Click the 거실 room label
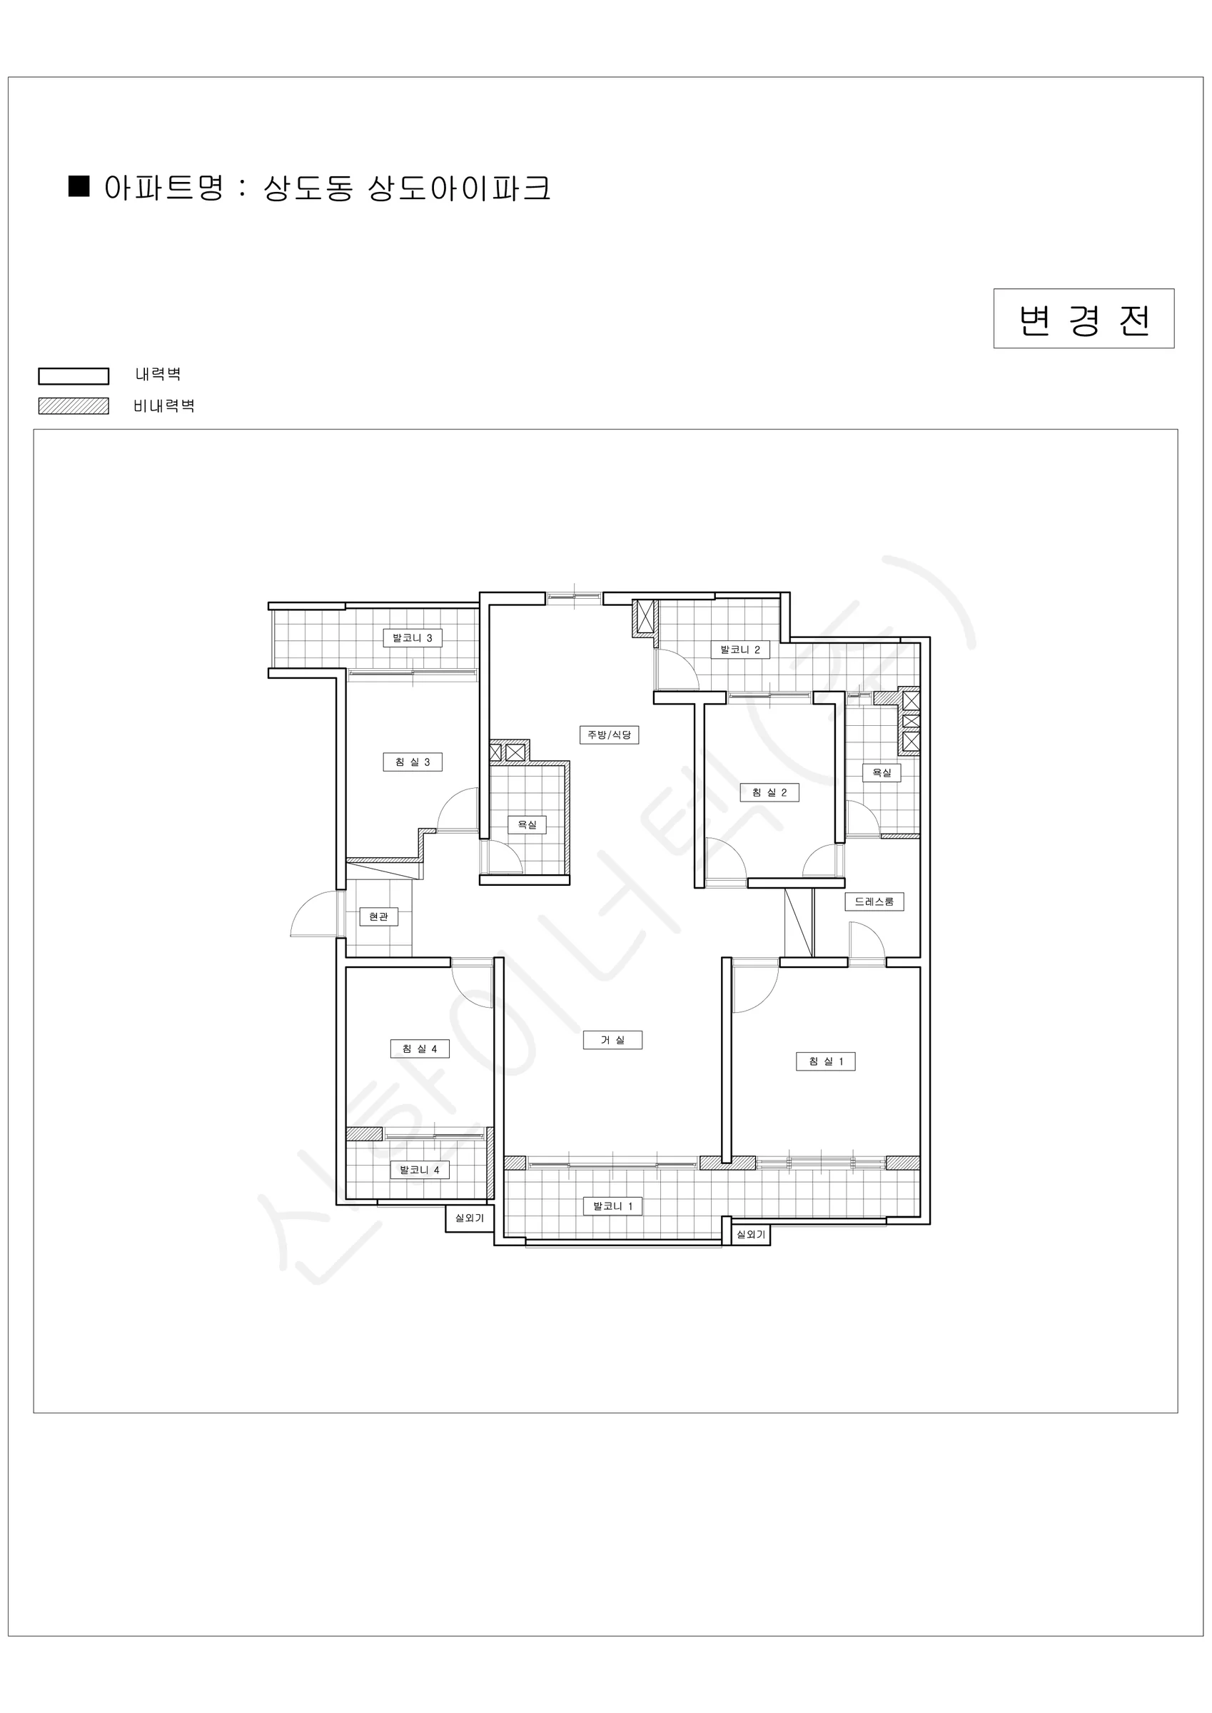pos(612,1040)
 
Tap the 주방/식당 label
pos(609,735)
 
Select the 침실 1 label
pos(825,1061)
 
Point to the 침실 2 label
pos(769,792)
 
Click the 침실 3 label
pos(413,762)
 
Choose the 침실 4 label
pos(420,1048)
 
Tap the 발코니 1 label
pos(612,1206)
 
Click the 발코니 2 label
pos(739,650)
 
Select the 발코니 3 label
pos(413,638)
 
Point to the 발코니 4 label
pos(420,1170)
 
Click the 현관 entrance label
pos(378,916)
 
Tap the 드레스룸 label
pos(874,901)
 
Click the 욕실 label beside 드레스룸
pos(882,772)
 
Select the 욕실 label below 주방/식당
pos(527,824)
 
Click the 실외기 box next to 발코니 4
pos(470,1218)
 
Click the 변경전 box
pos(1084,318)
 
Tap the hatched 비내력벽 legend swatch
pos(74,406)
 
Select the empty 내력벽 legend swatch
pos(74,376)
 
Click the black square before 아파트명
pos(79,186)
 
